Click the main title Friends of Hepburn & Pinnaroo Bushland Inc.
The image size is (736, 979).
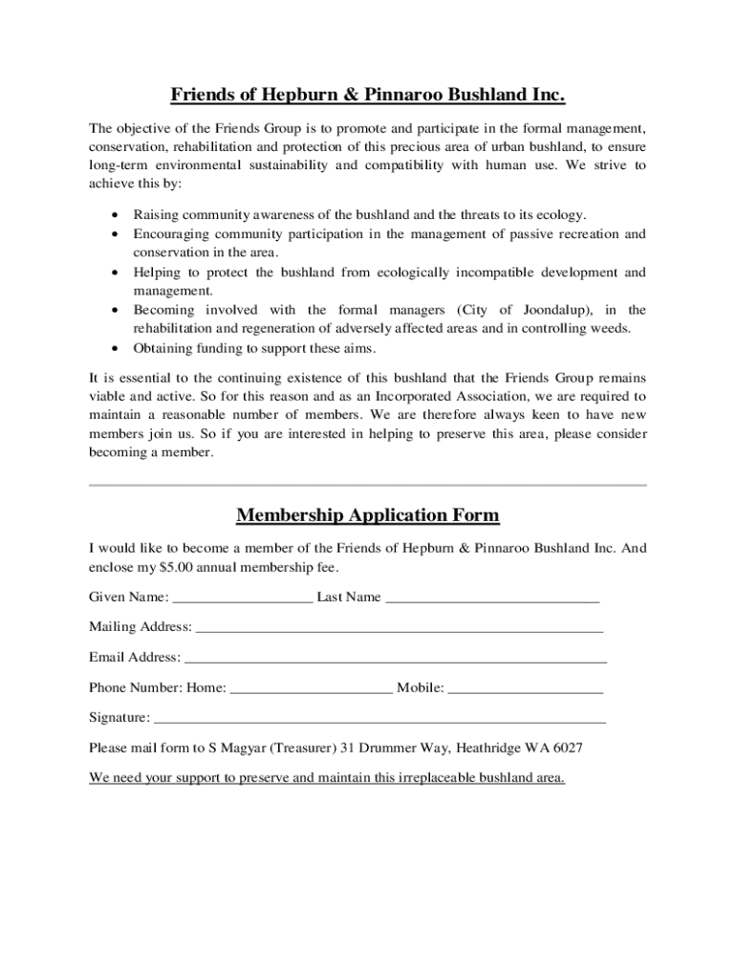(x=368, y=95)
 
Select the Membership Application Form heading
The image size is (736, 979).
(x=368, y=516)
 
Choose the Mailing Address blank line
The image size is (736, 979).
(x=399, y=630)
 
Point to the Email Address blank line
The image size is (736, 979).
(x=395, y=660)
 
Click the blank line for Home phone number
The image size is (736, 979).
(x=311, y=689)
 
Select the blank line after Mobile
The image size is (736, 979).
(x=525, y=689)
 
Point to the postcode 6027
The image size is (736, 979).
(x=568, y=748)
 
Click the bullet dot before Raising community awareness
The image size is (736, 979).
(x=116, y=215)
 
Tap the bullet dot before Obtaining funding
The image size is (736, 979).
(x=116, y=348)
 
